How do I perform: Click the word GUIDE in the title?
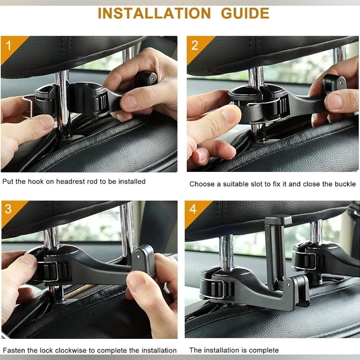(244, 13)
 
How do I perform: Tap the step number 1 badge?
(8, 45)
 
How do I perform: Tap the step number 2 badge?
(194, 45)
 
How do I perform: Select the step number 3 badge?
(8, 209)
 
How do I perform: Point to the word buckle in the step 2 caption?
(345, 184)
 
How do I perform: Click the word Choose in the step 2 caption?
(202, 184)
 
